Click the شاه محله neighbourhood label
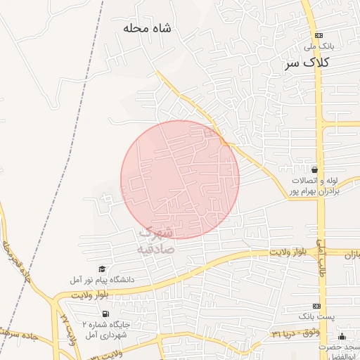pos(147,28)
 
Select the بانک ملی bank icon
pos(319,34)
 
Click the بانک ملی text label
pos(319,46)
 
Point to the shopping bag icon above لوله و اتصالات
pos(314,169)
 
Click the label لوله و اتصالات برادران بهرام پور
pos(316,186)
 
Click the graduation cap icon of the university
pos(103,269)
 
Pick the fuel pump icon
pos(105,314)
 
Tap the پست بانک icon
pos(317,307)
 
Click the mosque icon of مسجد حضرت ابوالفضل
pos(342,336)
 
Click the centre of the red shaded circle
pos(180,179)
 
